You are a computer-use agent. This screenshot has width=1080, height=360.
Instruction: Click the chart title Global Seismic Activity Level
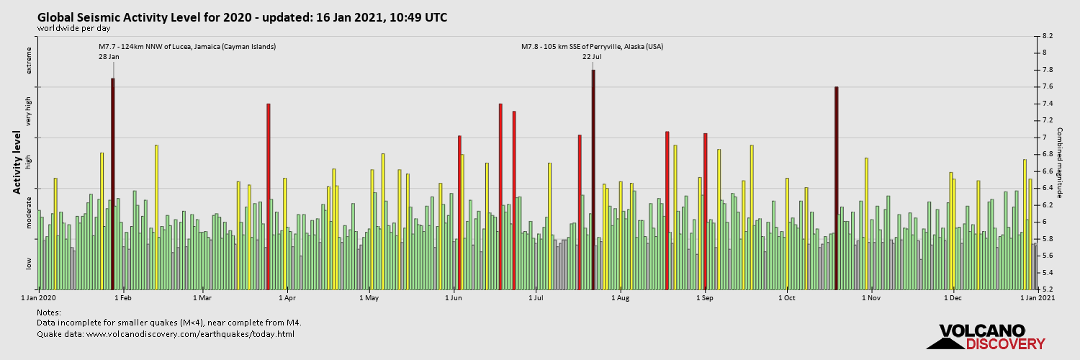coord(242,17)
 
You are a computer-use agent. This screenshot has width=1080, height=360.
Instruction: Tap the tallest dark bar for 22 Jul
coord(593,180)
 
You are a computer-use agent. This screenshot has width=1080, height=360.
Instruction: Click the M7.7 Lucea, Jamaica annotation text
coord(187,47)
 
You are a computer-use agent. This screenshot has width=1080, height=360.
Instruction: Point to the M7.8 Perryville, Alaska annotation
coord(592,47)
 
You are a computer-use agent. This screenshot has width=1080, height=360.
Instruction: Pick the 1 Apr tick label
coord(287,297)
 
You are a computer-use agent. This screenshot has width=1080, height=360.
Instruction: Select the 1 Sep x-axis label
coord(705,297)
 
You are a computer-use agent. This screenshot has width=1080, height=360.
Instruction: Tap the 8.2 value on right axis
coord(1048,36)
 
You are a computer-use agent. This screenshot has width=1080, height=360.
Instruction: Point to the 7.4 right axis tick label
coord(1048,104)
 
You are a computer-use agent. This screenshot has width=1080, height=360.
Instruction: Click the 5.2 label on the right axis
coord(1048,289)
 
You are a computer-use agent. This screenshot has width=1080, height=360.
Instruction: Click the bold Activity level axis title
coord(17,162)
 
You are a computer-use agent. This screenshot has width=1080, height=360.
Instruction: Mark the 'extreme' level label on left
coord(30,60)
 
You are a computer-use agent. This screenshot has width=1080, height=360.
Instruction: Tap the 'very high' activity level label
coord(30,112)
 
